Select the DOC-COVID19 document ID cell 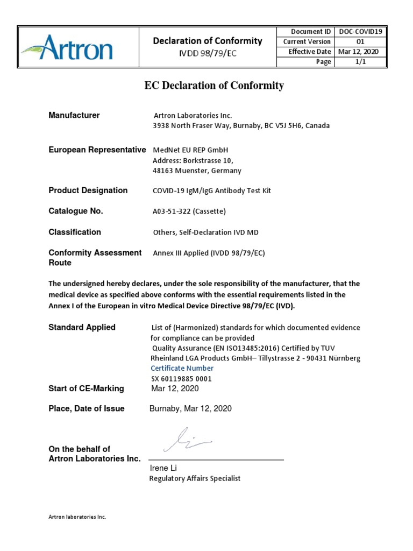(360, 32)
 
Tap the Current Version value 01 (360, 42)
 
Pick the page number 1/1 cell (360, 62)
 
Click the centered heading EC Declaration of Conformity (213, 86)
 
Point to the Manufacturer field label (74, 115)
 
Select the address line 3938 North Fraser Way (241, 126)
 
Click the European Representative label (97, 150)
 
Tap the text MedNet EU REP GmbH (187, 150)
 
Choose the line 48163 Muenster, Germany (197, 171)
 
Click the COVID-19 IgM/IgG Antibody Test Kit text (212, 191)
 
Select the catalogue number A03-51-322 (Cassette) (189, 211)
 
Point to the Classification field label (75, 232)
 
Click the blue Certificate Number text (182, 369)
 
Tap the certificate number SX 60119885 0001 (181, 379)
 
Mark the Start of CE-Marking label (86, 388)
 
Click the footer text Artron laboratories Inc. (77, 517)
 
